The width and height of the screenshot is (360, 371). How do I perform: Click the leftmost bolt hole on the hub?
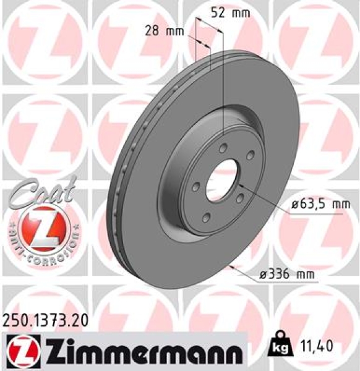[194, 184]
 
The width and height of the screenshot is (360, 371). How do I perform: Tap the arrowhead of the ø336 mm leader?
[231, 267]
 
